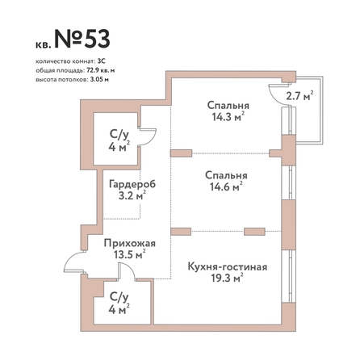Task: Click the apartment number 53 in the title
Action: pyautogui.click(x=97, y=39)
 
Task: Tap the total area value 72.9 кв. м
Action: pyautogui.click(x=101, y=70)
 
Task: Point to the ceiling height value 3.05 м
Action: pyautogui.click(x=98, y=80)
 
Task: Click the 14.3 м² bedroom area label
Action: pyautogui.click(x=228, y=117)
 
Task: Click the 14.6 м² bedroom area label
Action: pyautogui.click(x=226, y=186)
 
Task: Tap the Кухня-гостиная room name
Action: pyautogui.click(x=228, y=267)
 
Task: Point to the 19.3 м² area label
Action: pyautogui.click(x=227, y=278)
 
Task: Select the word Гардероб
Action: pyautogui.click(x=132, y=184)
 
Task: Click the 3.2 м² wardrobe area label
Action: pyautogui.click(x=132, y=195)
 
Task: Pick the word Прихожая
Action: pyautogui.click(x=130, y=243)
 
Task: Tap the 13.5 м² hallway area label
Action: pyautogui.click(x=130, y=254)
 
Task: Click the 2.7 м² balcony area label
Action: pyautogui.click(x=299, y=95)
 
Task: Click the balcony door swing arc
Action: pyautogui.click(x=272, y=95)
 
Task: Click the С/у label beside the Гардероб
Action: pyautogui.click(x=119, y=134)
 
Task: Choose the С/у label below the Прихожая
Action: pyautogui.click(x=119, y=297)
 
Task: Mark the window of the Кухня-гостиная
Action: pyautogui.click(x=288, y=276)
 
